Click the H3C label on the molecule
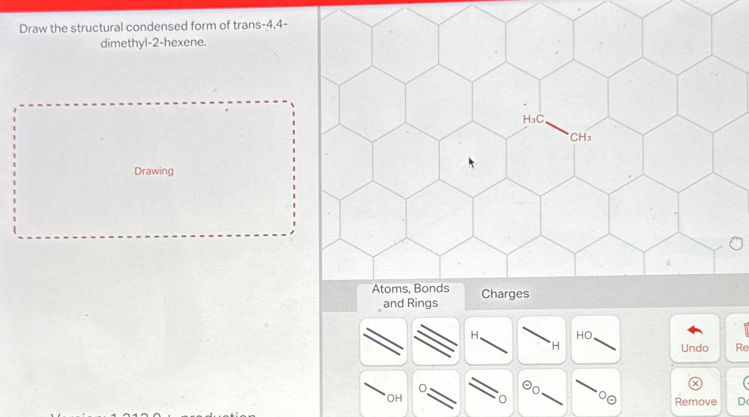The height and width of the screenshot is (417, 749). click(533, 119)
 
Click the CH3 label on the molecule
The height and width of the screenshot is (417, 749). click(580, 137)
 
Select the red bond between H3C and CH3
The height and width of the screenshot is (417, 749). click(557, 128)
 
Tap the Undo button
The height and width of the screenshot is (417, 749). click(695, 339)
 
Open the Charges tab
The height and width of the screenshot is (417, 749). click(505, 294)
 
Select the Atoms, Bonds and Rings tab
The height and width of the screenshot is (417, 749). click(410, 296)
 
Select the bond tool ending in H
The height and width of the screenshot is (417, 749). click(541, 340)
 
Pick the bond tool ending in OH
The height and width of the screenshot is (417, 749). click(383, 393)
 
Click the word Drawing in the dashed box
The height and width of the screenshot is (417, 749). click(154, 171)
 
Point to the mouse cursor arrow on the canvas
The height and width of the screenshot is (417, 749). click(471, 162)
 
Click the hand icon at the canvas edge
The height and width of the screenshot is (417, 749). click(736, 243)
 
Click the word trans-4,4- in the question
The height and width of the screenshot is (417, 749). click(260, 25)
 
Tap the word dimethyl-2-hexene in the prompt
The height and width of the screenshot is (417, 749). click(153, 43)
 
